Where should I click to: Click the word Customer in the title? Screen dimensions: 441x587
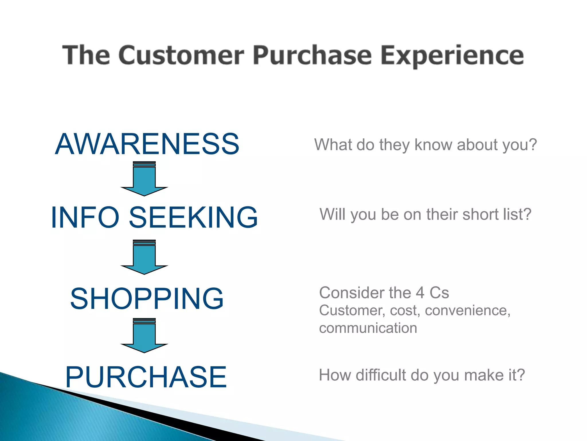click(181, 55)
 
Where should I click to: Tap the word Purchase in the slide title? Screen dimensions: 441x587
click(312, 55)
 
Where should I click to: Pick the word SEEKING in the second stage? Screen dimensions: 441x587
click(193, 217)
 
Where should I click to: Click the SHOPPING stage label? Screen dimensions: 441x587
click(147, 299)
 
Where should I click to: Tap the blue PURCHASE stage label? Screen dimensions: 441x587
click(146, 377)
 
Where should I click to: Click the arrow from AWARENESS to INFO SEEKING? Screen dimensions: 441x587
click(144, 179)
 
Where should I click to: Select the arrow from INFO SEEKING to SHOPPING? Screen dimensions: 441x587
click(144, 257)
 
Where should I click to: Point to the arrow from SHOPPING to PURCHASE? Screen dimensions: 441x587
click(144, 335)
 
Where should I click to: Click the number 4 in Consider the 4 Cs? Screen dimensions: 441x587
click(420, 293)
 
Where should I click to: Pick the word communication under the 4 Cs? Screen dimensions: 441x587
click(368, 328)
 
